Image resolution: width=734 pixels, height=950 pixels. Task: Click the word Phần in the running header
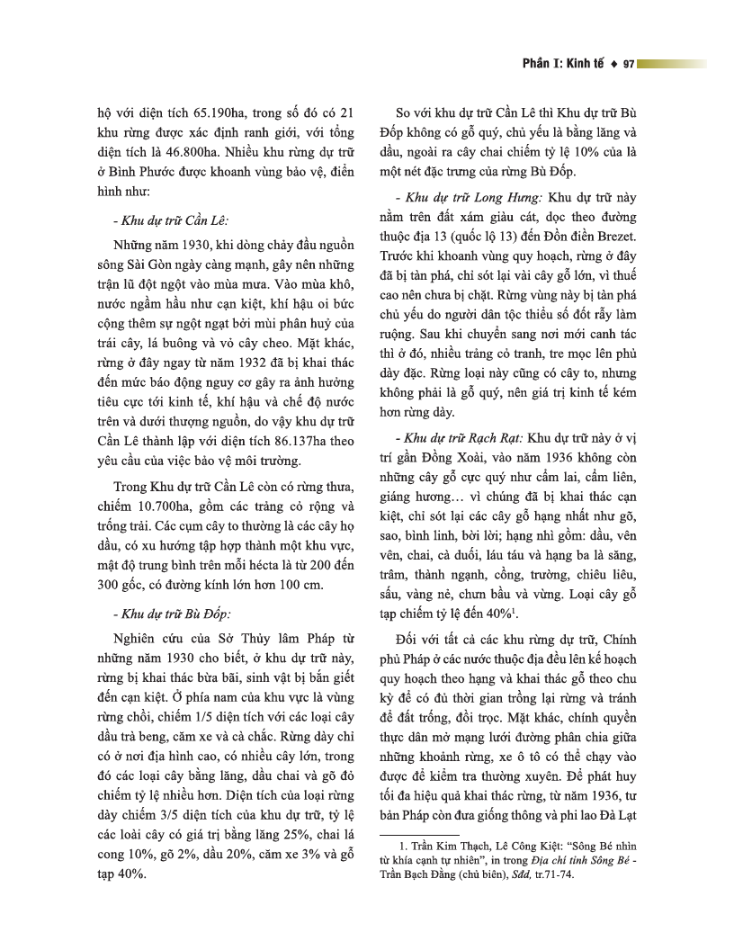click(540, 64)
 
